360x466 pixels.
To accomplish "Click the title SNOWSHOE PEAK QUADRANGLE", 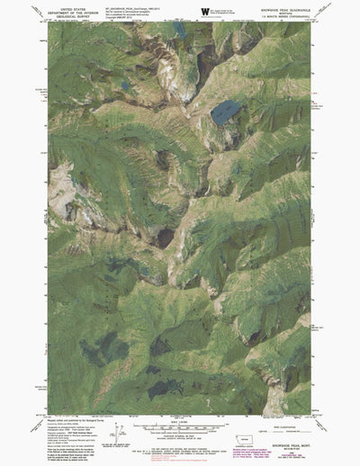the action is tap(291, 8).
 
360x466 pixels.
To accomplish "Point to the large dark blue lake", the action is tap(225, 112).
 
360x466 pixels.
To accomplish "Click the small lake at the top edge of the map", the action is tap(181, 30).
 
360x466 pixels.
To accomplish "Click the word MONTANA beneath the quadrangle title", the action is tap(291, 13).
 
